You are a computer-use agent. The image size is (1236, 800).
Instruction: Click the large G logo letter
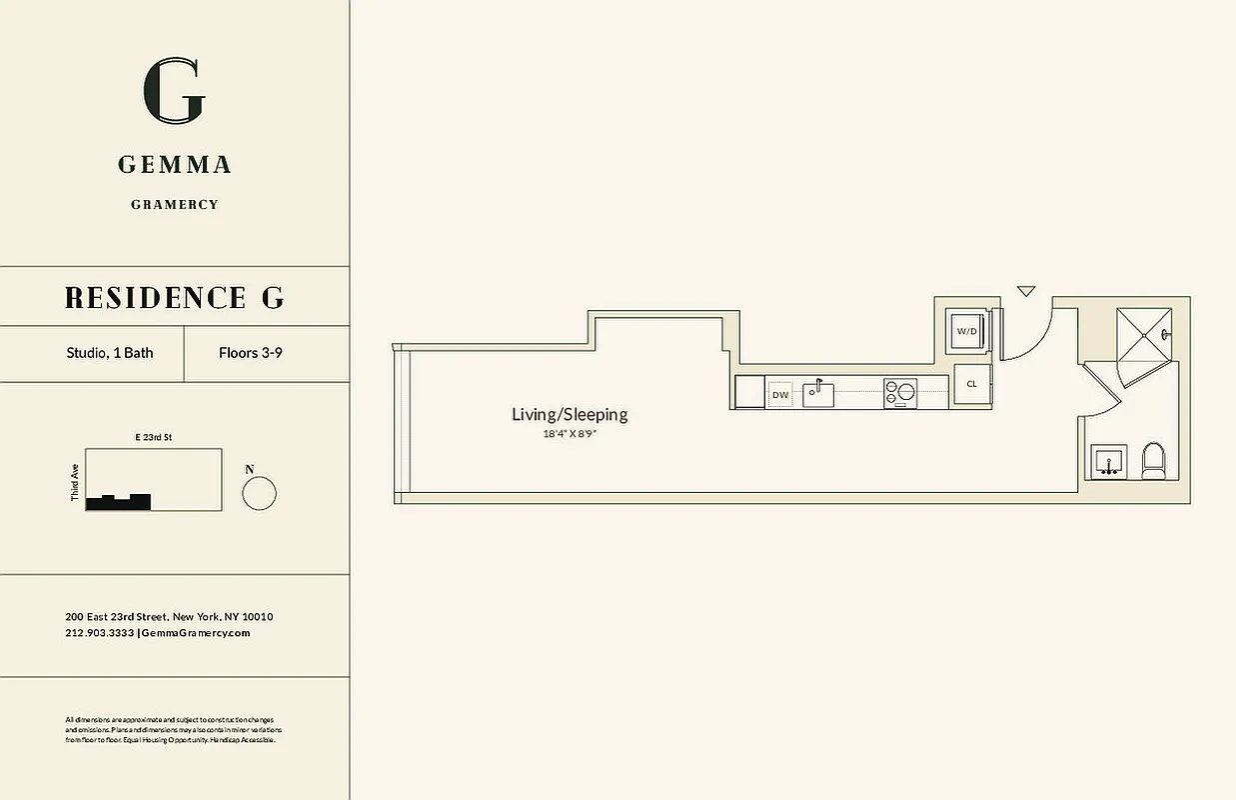click(175, 91)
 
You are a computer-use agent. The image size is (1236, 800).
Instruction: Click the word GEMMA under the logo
click(175, 165)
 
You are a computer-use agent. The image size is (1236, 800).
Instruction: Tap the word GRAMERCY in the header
click(175, 205)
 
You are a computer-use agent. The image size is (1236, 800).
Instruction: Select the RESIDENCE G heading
click(175, 297)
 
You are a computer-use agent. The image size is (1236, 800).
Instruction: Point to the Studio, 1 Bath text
click(110, 353)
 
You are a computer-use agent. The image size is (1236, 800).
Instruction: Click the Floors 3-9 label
click(250, 353)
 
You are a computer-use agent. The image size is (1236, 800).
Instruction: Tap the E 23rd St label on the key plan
click(154, 437)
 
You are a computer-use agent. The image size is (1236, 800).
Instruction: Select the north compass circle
click(259, 494)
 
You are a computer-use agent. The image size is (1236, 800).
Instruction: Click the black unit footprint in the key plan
click(118, 503)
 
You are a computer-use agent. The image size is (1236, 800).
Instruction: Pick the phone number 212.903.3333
click(99, 633)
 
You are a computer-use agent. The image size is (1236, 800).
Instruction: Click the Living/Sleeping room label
click(570, 415)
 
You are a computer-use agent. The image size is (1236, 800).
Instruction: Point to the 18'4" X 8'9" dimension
click(570, 434)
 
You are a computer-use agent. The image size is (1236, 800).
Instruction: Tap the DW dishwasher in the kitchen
click(780, 395)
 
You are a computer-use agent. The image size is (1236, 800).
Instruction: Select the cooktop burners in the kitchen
click(898, 392)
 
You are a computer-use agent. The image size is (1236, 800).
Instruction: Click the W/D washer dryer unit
click(966, 331)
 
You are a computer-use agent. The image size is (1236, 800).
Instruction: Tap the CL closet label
click(971, 384)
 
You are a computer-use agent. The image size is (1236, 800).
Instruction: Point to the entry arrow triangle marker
click(1026, 291)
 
